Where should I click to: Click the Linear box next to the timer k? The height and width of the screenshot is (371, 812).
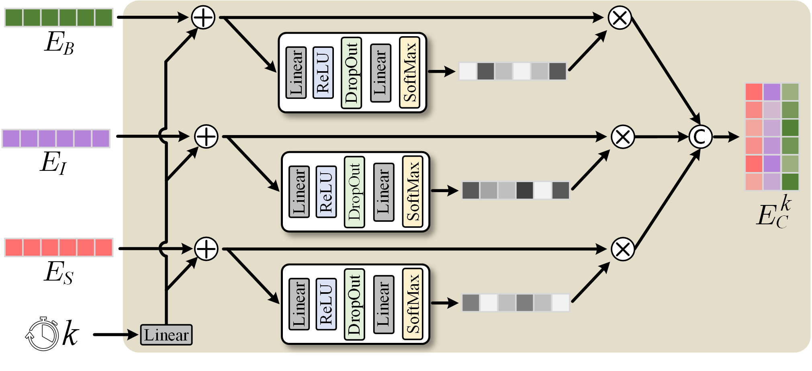[166, 335]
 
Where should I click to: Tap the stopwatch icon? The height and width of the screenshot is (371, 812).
[42, 334]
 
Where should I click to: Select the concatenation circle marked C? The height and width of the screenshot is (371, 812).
[700, 137]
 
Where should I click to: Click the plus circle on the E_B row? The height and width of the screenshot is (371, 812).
[203, 18]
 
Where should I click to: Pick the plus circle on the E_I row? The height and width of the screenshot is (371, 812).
[206, 136]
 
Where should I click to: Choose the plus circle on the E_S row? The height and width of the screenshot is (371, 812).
[206, 249]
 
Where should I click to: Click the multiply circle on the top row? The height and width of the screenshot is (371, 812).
[620, 18]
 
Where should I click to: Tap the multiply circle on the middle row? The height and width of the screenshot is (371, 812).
[623, 137]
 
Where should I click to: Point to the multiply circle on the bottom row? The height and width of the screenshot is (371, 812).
[623, 249]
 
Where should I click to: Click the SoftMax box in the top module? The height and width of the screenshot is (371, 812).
[409, 72]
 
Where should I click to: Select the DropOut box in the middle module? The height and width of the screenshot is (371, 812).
[354, 192]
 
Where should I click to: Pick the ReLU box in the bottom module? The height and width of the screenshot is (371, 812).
[326, 304]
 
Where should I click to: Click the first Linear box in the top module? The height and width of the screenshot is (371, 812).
[296, 72]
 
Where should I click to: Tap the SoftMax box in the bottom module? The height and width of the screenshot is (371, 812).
[413, 304]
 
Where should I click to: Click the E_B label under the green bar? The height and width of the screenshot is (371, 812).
[59, 43]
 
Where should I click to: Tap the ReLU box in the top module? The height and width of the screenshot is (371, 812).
[323, 72]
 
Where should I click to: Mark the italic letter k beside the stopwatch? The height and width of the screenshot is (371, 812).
[70, 334]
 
